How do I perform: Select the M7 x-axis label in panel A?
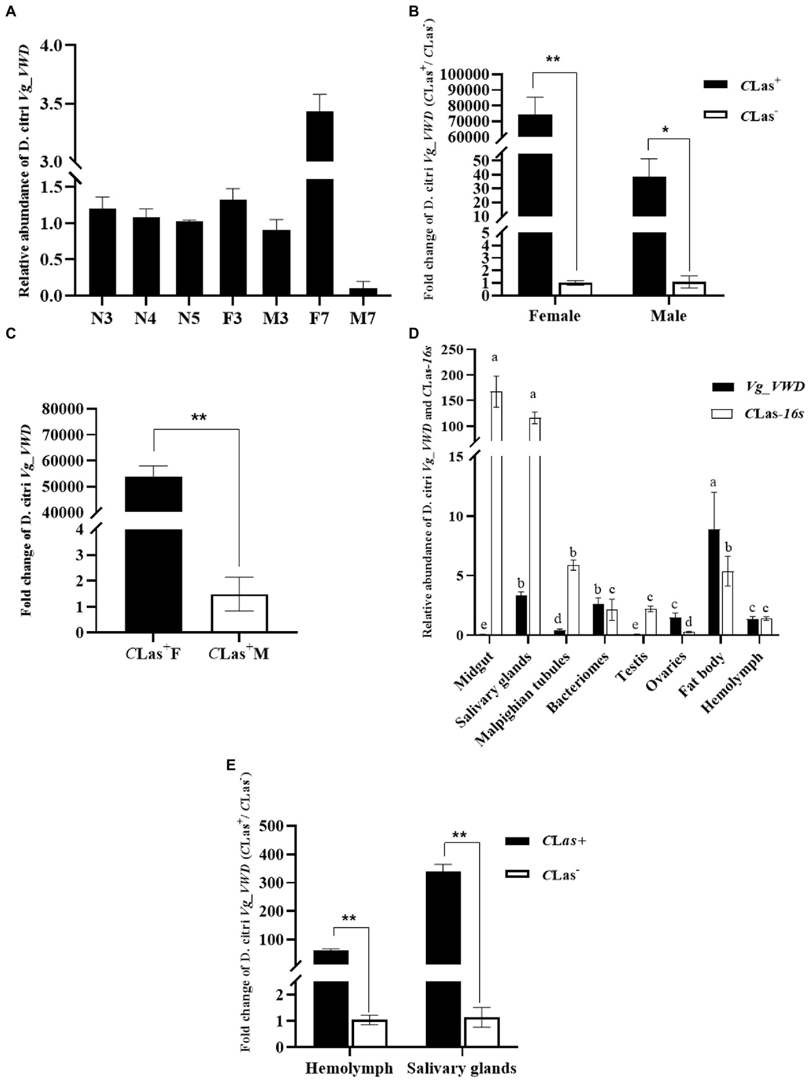(x=363, y=319)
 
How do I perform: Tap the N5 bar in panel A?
(x=189, y=259)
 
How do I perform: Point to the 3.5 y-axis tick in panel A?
(x=53, y=103)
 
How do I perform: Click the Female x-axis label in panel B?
(x=554, y=316)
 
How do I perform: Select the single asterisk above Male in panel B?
(x=665, y=130)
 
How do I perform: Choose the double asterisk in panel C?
(x=198, y=418)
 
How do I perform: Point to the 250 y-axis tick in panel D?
(x=454, y=350)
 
